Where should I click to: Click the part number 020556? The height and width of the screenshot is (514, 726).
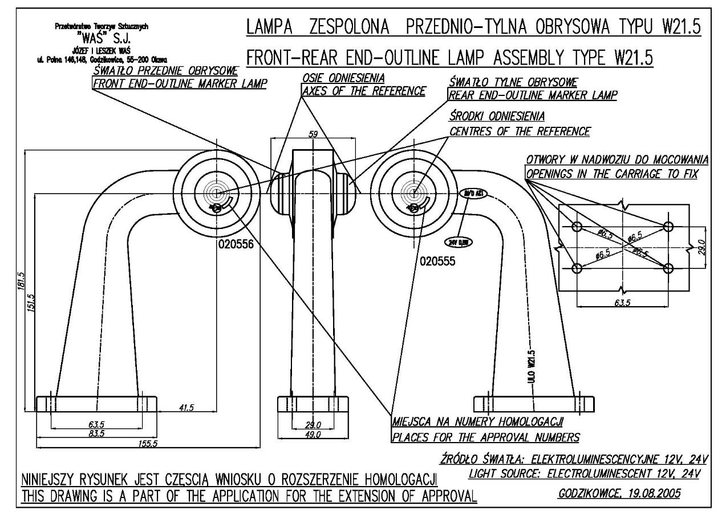coord(235,244)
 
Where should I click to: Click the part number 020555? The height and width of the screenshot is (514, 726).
coord(437,261)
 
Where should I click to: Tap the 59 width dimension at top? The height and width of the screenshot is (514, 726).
coord(313,133)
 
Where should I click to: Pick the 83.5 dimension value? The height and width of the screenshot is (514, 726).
coord(96,435)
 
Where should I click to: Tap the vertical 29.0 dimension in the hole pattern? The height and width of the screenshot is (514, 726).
coord(701,247)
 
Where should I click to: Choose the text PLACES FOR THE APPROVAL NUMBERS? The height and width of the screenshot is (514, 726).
coord(485,437)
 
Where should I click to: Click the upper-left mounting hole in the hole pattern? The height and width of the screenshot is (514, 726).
coord(577,226)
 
